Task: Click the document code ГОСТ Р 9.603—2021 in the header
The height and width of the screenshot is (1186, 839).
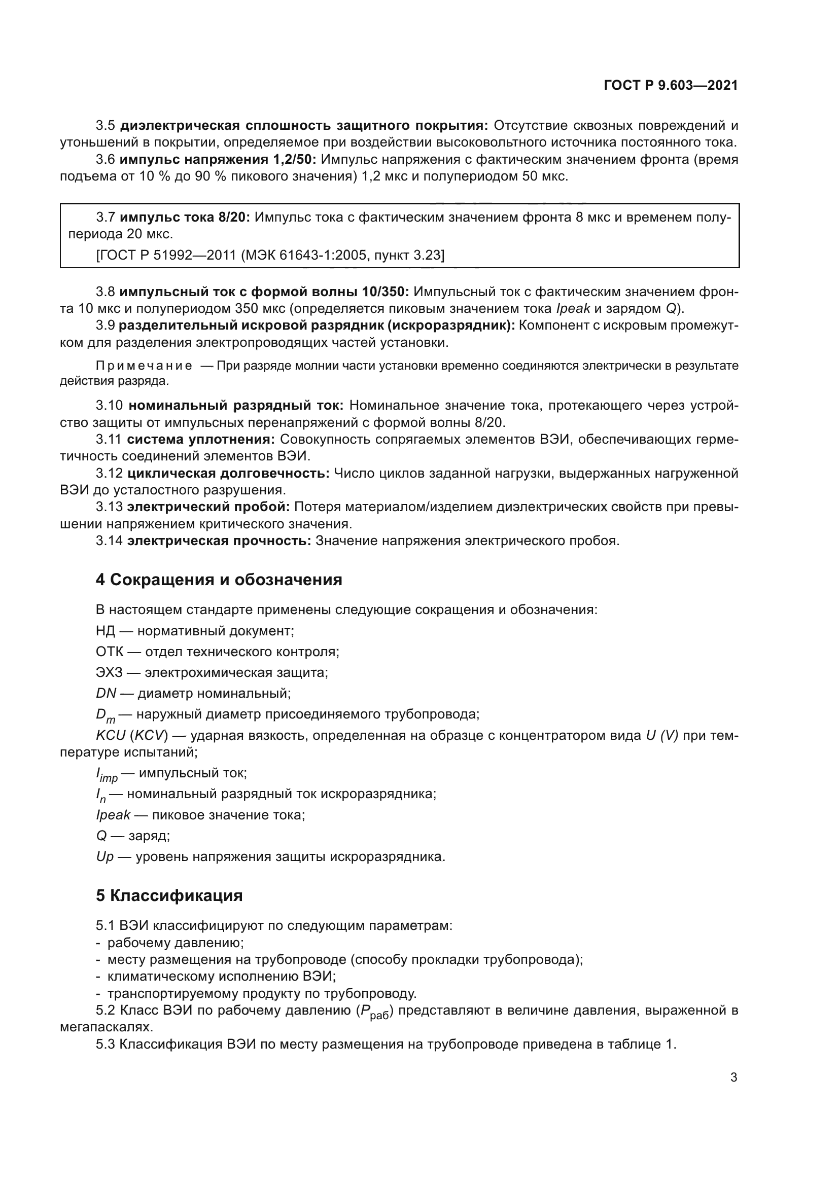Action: tap(670, 85)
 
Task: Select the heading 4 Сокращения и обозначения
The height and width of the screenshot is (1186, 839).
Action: tap(219, 580)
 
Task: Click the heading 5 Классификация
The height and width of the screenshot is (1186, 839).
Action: tap(169, 895)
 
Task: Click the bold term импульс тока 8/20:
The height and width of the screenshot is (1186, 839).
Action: tap(185, 218)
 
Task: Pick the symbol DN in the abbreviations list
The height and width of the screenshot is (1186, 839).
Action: tap(106, 693)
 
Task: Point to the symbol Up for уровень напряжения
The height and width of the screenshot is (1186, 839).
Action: tap(104, 856)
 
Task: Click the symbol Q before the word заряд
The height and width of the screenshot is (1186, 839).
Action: tap(101, 835)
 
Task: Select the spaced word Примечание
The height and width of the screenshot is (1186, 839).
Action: tap(144, 366)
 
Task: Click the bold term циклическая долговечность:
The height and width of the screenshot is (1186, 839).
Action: tap(228, 473)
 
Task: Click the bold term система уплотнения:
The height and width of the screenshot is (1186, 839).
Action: tap(201, 440)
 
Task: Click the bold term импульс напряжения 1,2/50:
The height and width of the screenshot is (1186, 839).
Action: tap(217, 160)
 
